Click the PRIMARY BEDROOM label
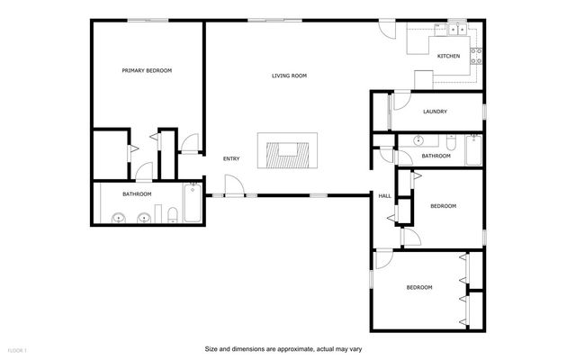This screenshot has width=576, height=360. pos(147,70)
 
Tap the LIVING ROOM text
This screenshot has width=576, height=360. pos(290,76)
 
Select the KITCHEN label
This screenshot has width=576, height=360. pos(448,56)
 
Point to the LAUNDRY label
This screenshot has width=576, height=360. pos(435,112)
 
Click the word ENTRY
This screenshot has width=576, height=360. pos(231,159)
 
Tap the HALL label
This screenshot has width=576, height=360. pos(384,195)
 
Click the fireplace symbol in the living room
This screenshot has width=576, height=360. pos(287,150)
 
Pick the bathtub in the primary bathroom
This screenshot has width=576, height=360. pos(193,203)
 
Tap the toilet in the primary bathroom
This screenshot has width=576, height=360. pos(171,213)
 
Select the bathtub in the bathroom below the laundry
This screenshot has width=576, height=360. pos(473,150)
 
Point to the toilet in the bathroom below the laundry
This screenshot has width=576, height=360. pos(449,141)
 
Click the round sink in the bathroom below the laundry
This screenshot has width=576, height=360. pos(418,141)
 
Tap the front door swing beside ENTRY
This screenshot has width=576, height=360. pos(232,186)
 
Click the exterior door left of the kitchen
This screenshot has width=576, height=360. pos(387,28)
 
